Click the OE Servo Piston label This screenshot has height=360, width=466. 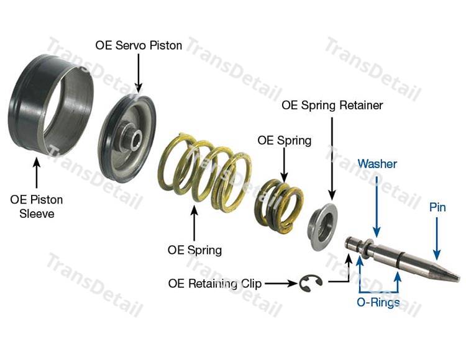pos(139,46)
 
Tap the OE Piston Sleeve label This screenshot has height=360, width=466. pos(37,207)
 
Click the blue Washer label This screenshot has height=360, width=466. pos(377,164)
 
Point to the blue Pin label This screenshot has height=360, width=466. pos(437,207)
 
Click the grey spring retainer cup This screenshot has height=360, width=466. pos(324,227)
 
